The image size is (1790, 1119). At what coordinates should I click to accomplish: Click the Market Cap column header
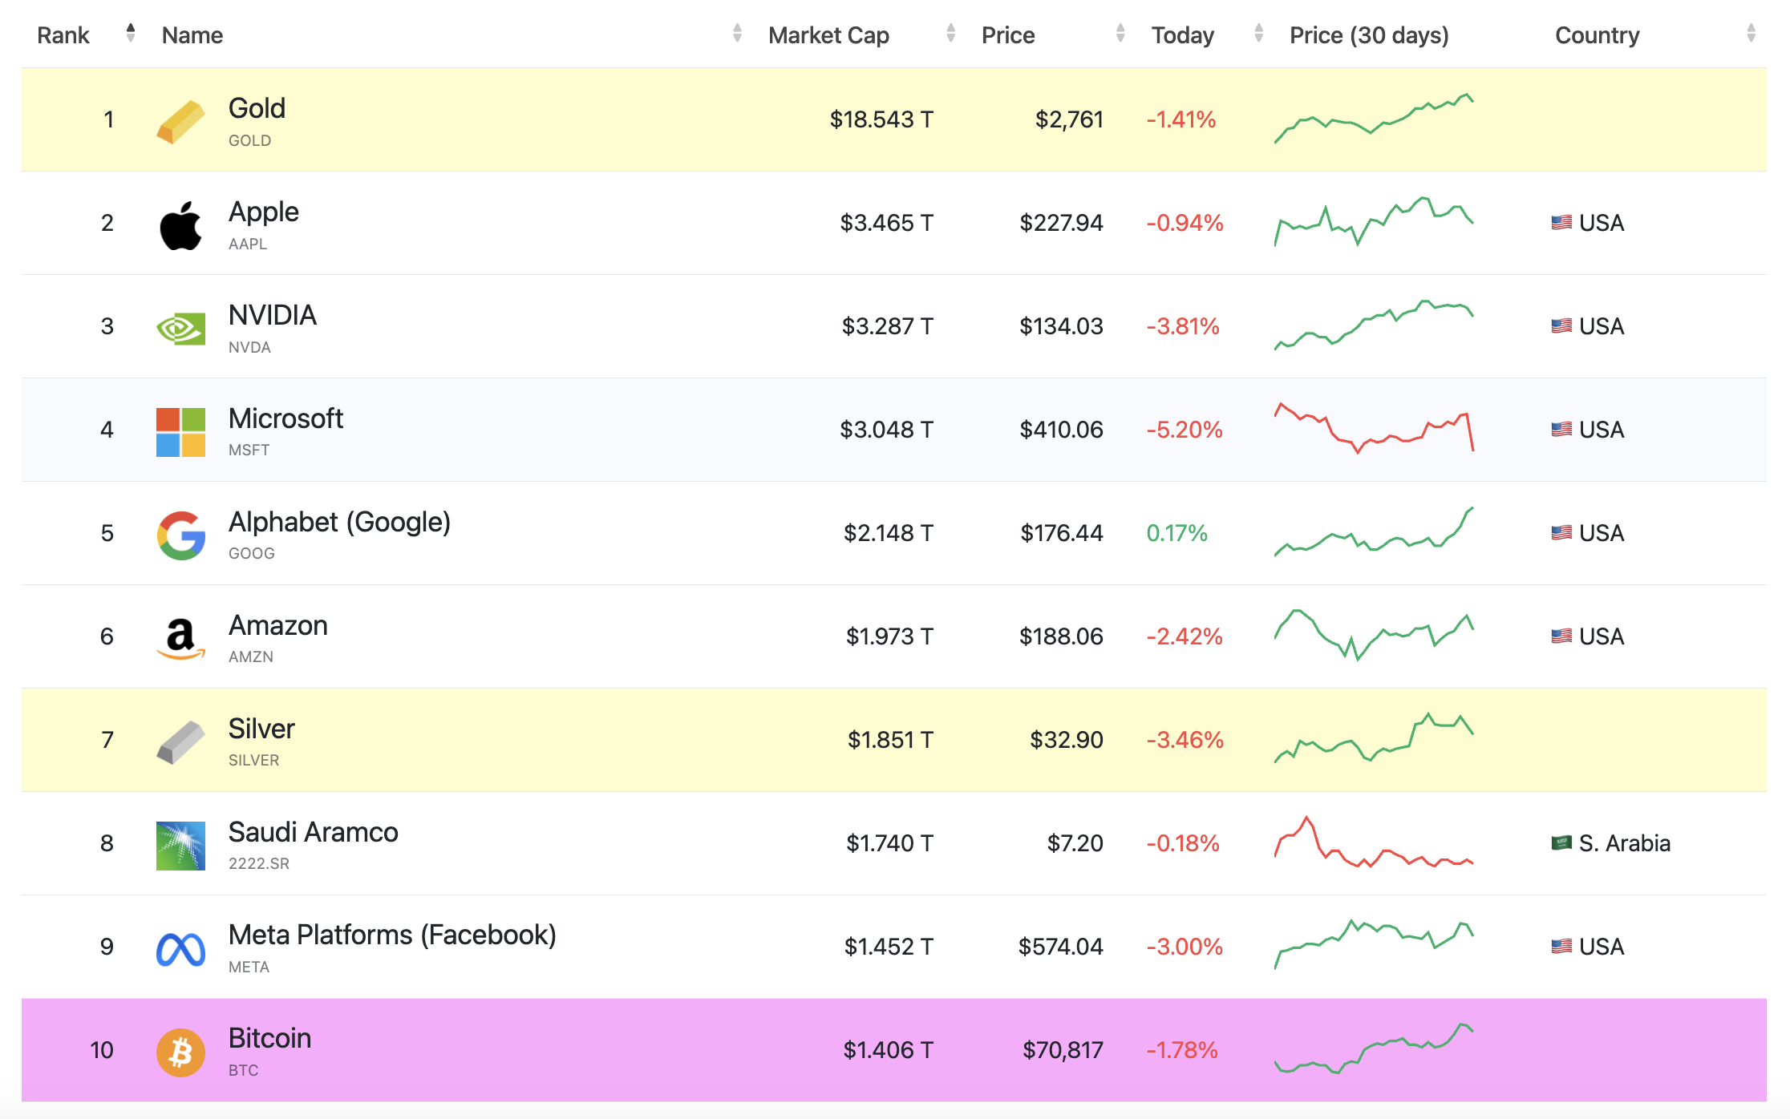coord(828,35)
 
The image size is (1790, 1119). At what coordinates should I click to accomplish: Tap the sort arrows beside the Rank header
coord(131,33)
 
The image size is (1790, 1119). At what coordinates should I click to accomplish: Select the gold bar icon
coord(180,122)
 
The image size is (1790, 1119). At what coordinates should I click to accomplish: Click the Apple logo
coord(180,225)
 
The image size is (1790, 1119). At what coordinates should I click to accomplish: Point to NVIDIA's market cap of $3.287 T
coord(887,326)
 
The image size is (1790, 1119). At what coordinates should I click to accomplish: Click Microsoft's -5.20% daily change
coord(1185,430)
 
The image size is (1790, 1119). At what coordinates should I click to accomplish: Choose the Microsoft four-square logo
coord(180,432)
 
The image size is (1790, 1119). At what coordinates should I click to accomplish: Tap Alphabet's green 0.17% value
coord(1176,533)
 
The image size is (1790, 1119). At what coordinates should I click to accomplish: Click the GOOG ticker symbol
coord(252,553)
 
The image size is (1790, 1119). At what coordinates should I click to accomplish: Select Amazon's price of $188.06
coord(1061,636)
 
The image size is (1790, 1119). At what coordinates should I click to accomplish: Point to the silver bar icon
coord(180,742)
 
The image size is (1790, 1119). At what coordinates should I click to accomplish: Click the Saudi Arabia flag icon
coord(1561,842)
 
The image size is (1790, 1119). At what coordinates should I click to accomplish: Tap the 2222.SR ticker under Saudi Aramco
coord(259,863)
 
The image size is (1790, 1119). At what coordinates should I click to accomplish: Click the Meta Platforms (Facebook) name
coord(392,935)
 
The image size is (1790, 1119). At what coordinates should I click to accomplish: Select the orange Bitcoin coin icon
coord(180,1052)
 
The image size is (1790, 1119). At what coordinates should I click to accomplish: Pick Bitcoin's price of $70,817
coord(1063,1050)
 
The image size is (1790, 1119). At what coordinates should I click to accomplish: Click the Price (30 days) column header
coord(1369,35)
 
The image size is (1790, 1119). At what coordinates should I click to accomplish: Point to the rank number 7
coord(107,740)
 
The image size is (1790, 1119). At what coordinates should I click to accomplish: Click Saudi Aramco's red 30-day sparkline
coord(1374,842)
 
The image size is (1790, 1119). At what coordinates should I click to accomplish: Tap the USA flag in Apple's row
coord(1561,222)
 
